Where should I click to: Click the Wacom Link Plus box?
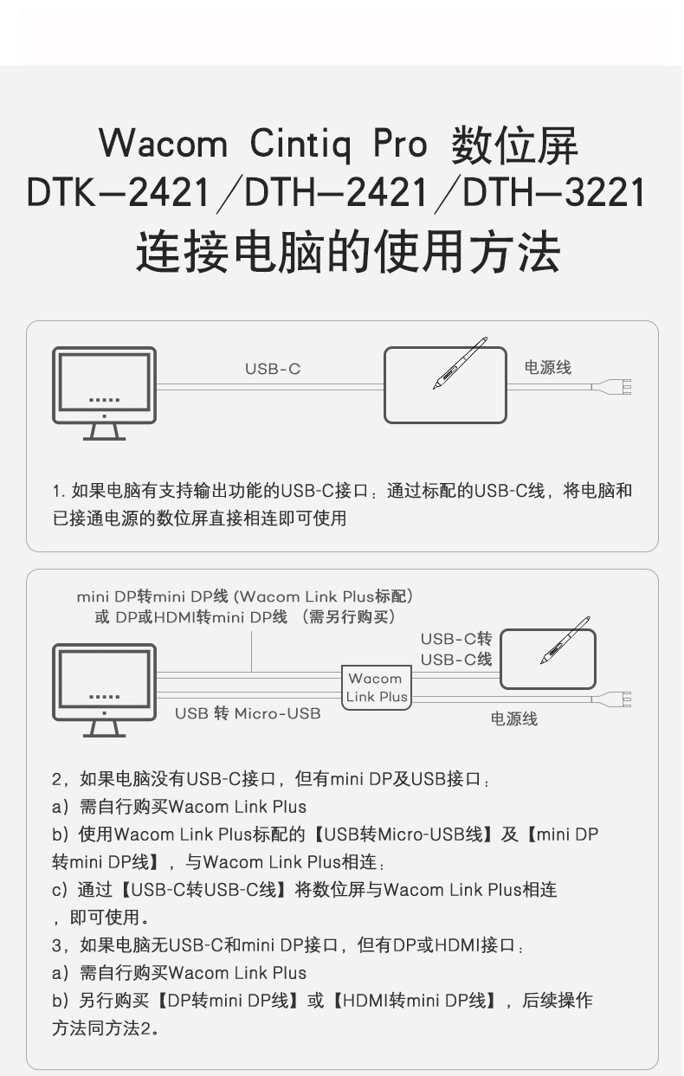coord(377,688)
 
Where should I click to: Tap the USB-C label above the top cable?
coord(273,369)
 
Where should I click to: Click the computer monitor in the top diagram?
coord(104,393)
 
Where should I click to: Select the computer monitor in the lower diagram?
coord(104,690)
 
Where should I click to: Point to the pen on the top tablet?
coord(460,363)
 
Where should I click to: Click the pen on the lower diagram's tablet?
coord(565,641)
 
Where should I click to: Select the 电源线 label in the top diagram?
coord(547,368)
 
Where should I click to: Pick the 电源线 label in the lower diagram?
coord(514,718)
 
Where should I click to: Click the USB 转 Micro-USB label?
coord(248,713)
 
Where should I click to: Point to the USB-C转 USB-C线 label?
coord(456,649)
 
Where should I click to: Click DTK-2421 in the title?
coord(118,192)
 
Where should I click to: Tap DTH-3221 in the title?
coord(553,192)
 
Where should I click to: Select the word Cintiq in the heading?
coord(300,144)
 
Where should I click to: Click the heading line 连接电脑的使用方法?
coord(348,251)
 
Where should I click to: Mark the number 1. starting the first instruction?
coord(59,492)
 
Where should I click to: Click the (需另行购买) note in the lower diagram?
coord(349,616)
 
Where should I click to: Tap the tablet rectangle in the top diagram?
coord(445,385)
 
